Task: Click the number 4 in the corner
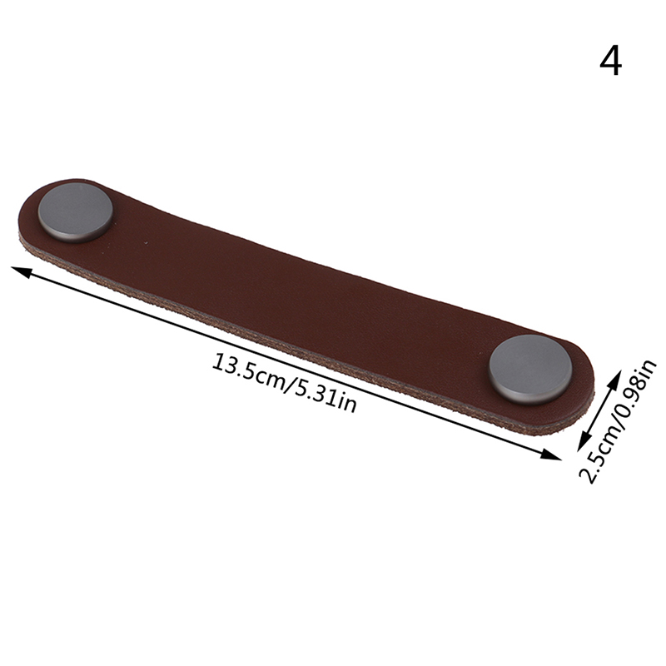coord(611,62)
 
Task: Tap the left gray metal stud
coord(76,211)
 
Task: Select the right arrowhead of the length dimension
coord(550,454)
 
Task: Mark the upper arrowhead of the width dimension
coord(614,378)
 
